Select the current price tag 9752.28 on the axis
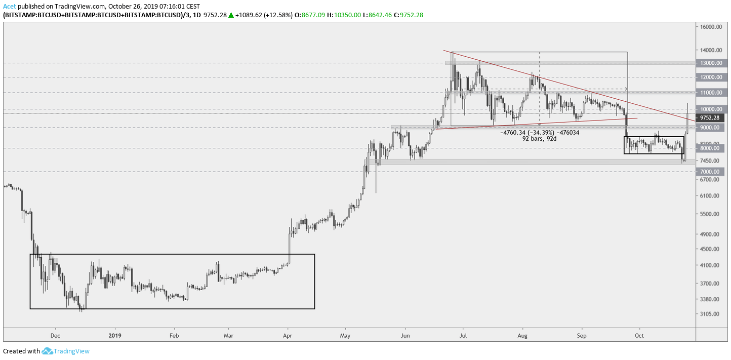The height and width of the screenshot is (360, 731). click(710, 118)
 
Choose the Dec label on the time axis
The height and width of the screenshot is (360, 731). click(56, 335)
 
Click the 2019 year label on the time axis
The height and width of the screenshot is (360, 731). click(115, 335)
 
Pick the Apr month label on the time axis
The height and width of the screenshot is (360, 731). click(288, 335)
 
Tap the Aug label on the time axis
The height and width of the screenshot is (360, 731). click(523, 335)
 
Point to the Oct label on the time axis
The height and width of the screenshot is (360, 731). click(640, 335)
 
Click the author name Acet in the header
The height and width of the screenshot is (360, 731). click(9, 6)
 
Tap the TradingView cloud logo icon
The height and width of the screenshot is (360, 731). click(47, 351)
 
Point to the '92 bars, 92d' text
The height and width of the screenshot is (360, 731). click(540, 138)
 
